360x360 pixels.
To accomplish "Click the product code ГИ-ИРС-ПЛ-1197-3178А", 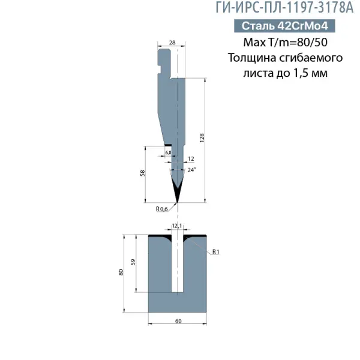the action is click(x=284, y=8).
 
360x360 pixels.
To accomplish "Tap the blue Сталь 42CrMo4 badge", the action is click(x=284, y=26).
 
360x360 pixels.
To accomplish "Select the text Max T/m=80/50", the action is click(x=286, y=42).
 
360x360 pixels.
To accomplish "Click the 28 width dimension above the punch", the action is click(x=172, y=43).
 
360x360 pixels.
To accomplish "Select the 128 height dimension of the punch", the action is click(x=202, y=138).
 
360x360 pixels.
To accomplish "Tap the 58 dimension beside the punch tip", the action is click(x=143, y=173).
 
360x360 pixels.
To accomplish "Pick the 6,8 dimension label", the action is click(x=168, y=152).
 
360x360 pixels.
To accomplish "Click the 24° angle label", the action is click(x=192, y=170).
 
